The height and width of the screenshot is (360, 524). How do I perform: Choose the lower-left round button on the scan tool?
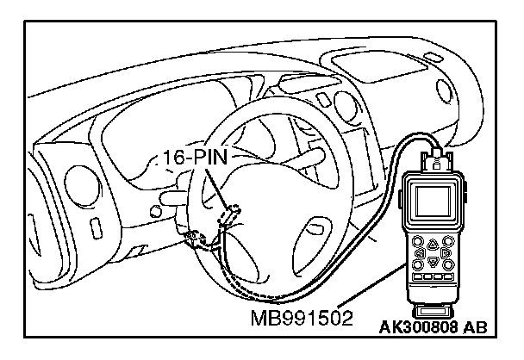point(419,266)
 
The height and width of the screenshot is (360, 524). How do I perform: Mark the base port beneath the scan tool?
point(435,306)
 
